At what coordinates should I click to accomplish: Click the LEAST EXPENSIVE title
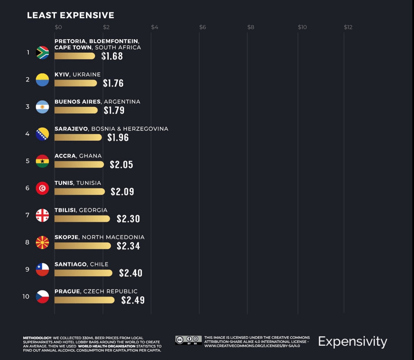71,15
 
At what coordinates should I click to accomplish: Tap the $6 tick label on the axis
202,27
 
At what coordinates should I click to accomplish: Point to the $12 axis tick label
348,27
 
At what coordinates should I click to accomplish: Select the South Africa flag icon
42,53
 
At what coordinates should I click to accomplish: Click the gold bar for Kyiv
76,83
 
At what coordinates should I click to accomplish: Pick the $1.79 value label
114,111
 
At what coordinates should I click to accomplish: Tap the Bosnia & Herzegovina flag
42,134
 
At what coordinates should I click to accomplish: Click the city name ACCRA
65,156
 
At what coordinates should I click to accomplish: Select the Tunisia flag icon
42,188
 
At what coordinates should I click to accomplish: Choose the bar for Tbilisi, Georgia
82,219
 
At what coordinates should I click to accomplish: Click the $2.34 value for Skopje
128,246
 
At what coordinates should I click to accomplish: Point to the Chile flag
42,270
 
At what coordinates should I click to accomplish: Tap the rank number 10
26,297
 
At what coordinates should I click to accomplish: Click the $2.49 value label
133,300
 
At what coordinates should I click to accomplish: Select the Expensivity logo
353,342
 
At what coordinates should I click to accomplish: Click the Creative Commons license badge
188,340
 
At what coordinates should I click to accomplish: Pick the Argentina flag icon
42,107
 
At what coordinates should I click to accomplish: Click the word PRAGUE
67,291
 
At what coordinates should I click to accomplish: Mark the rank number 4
27,134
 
